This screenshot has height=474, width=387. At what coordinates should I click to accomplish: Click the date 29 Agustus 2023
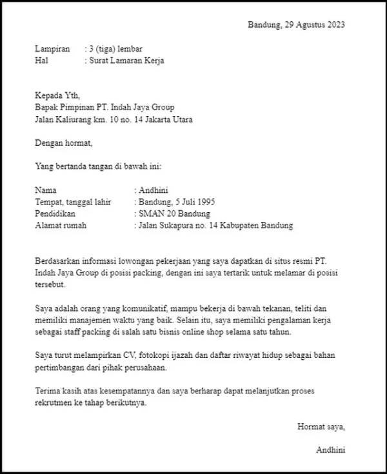tap(315, 25)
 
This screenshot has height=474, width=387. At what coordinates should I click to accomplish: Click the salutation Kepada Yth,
tap(59, 96)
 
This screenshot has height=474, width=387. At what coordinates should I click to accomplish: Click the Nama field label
tap(46, 190)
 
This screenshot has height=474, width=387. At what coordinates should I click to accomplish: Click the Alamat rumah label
tap(61, 225)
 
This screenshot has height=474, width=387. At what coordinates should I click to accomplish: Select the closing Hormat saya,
tap(321, 426)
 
